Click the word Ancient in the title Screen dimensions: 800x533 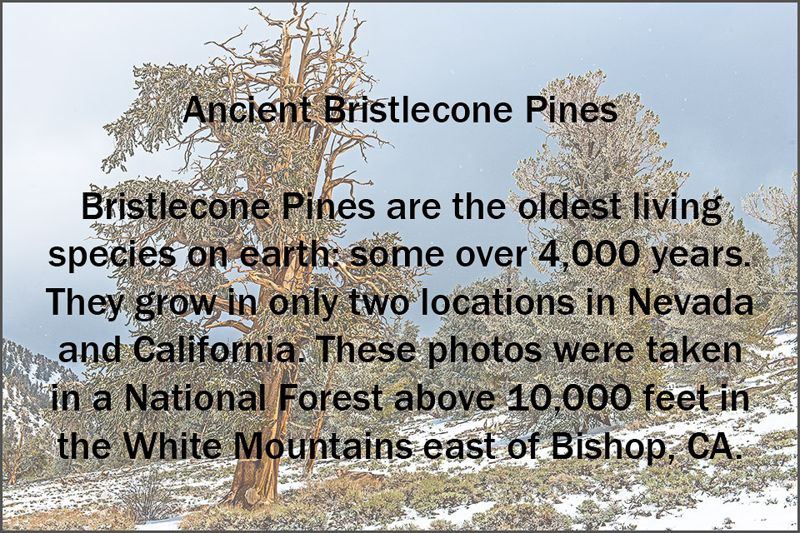(x=247, y=110)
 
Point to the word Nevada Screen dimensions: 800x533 (x=690, y=302)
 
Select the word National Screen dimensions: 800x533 (x=195, y=398)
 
